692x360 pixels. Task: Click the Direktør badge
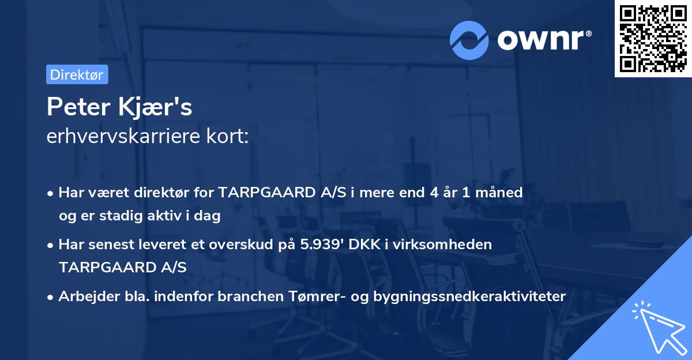point(77,74)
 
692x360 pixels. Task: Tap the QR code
point(653,38)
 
